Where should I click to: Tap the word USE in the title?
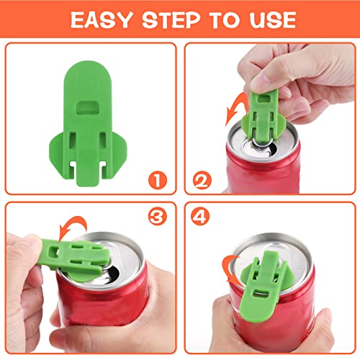270,19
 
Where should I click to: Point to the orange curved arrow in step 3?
76,222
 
